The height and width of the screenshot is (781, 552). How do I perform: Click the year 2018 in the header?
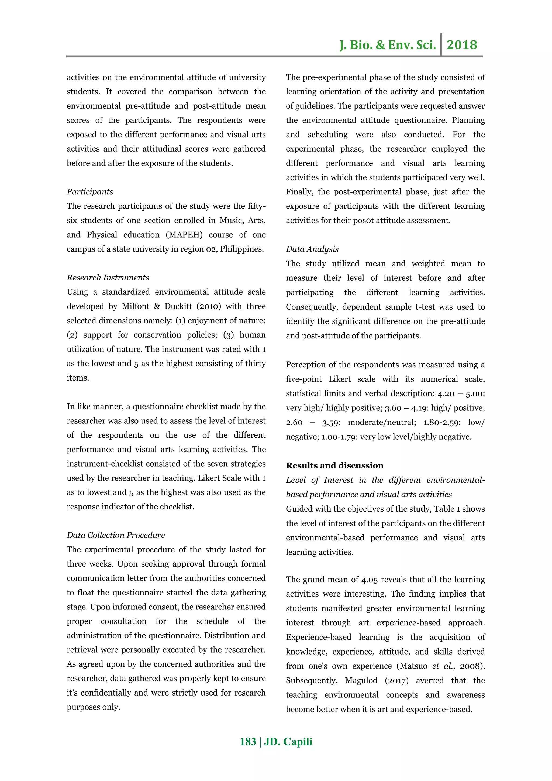coord(462,45)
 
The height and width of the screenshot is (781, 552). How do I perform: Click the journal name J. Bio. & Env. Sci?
coord(388,45)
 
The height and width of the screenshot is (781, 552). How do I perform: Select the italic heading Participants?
coord(90,192)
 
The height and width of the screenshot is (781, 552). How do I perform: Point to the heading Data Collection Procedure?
coord(116,535)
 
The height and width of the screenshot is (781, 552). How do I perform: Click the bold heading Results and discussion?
coord(334,465)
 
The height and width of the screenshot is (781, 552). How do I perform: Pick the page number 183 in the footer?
coord(248,742)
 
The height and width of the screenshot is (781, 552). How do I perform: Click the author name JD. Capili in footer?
coord(288,742)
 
